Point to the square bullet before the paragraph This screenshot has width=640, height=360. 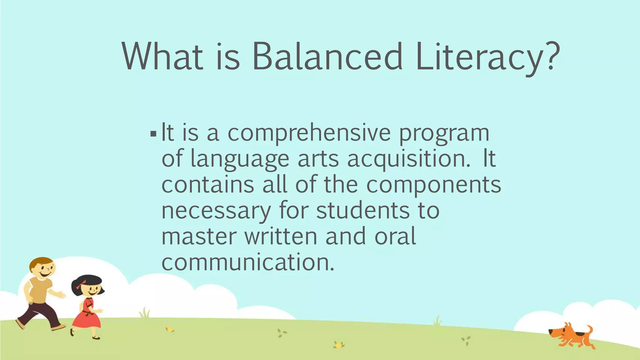click(153, 134)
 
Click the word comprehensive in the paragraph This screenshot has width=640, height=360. click(309, 133)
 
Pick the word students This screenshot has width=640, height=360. click(363, 211)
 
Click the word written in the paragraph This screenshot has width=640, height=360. click(281, 237)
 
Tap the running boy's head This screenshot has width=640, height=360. click(42, 268)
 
